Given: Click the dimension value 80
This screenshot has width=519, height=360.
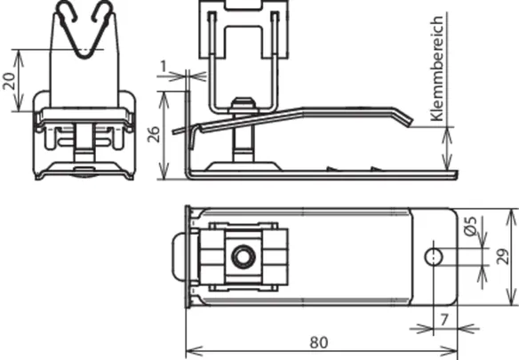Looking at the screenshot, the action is [319, 342].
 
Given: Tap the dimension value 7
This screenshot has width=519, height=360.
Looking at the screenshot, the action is [444, 320].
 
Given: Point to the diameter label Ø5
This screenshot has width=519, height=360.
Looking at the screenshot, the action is [470, 226].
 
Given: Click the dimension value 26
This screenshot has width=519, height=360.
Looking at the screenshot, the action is [154, 134].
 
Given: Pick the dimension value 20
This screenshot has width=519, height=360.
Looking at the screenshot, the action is [9, 81].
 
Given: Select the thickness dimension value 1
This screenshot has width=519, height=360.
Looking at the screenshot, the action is [164, 67].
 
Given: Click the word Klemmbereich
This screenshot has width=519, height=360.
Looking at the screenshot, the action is [436, 68].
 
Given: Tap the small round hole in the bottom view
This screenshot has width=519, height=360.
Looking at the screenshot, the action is [434, 257].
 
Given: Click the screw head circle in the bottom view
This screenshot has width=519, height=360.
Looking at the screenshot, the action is [244, 257].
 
